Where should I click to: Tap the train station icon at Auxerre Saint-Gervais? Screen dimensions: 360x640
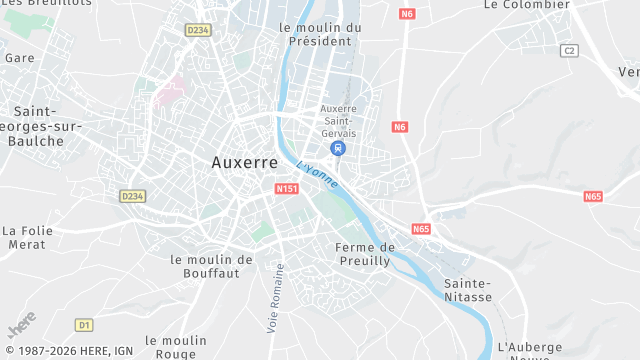pos(338,148)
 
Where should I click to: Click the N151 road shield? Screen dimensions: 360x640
pos(286,188)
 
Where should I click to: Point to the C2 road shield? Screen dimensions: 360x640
pos(570,50)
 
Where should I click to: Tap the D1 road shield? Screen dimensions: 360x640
pos(84,324)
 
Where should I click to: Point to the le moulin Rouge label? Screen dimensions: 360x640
pos(176,346)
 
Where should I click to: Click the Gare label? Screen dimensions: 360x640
pos(19,58)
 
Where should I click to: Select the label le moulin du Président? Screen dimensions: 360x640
pos(319,34)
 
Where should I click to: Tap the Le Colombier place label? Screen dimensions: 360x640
pos(526,5)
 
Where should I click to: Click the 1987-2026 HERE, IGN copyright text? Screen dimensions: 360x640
pos(68,351)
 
